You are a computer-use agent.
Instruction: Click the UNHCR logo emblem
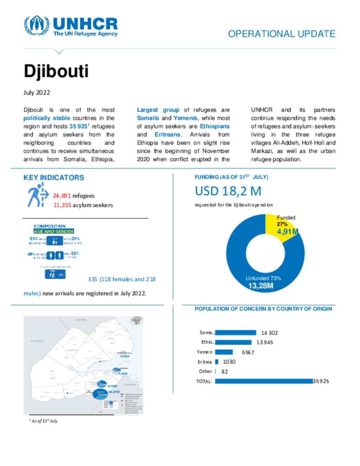36,25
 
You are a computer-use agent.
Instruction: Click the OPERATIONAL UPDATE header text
282,34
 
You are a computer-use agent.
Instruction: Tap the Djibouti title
56,71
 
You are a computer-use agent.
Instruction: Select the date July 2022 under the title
37,92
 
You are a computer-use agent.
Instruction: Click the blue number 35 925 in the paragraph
78,126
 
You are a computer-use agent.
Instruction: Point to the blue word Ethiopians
214,126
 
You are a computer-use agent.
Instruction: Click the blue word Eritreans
167,135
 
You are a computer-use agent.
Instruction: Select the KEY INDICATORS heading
54,178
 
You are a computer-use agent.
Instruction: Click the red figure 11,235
62,205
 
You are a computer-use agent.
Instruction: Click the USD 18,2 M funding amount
228,191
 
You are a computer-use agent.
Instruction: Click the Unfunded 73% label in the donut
263,278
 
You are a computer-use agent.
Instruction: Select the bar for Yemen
224,352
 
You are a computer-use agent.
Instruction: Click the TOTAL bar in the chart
264,381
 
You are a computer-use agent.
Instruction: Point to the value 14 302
269,333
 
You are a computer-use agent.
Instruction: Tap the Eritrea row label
205,362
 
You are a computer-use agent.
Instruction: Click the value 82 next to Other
225,372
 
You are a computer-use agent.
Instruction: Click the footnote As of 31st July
44,421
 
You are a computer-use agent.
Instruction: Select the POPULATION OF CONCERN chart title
263,309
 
